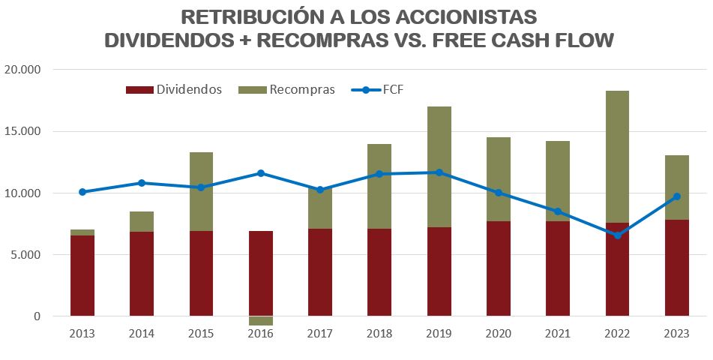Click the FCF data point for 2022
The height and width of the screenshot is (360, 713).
pos(618,235)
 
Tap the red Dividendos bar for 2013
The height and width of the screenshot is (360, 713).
pos(82,275)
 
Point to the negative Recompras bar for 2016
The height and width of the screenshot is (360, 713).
pos(261,321)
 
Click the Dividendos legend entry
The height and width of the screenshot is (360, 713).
pos(174,90)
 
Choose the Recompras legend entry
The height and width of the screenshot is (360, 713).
pos(286,90)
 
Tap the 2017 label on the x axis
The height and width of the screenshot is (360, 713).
pos(320,333)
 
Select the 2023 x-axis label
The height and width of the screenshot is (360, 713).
pos(677,333)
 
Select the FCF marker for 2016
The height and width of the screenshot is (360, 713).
pos(261,173)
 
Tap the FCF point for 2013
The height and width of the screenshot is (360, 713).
pos(82,192)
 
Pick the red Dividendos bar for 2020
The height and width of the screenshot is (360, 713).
pos(499,268)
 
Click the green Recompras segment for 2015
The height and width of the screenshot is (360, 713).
pos(202,191)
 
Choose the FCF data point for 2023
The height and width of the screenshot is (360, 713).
pos(677,196)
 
